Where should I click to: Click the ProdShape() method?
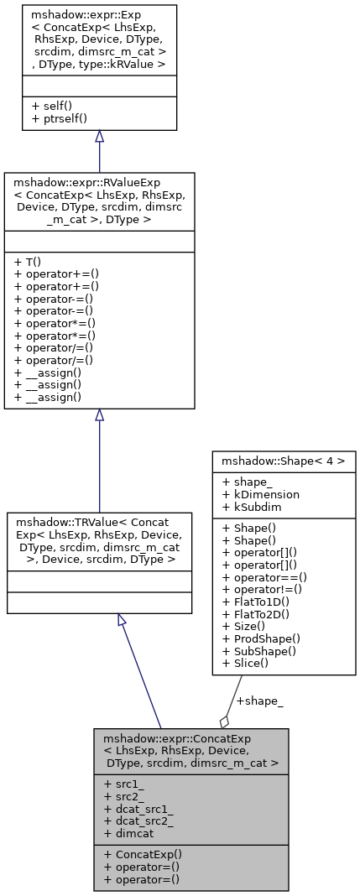click(259, 639)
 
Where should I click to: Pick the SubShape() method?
click(258, 651)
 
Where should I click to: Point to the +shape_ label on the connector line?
click(259, 701)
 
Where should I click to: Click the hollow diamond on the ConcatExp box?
click(224, 721)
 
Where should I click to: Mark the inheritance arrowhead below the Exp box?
click(99, 137)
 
